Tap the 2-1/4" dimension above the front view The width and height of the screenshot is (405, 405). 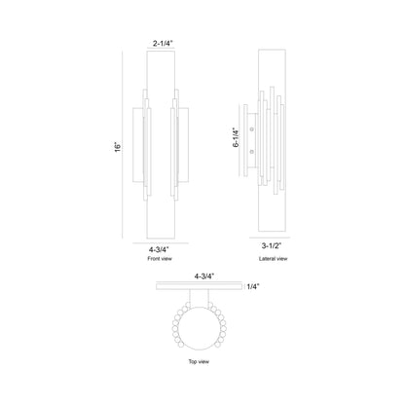(x=164, y=42)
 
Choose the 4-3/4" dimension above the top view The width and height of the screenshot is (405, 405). (x=204, y=276)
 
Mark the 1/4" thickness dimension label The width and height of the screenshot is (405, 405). (x=254, y=287)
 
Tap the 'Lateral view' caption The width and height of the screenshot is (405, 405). (x=275, y=259)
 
